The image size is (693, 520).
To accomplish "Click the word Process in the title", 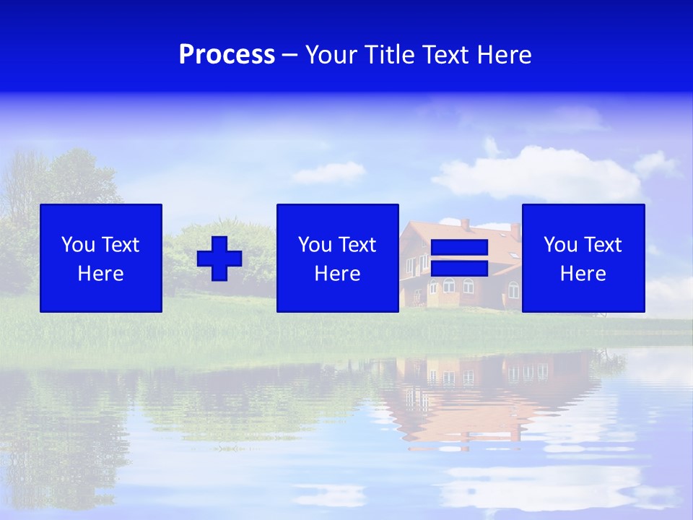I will (x=227, y=55).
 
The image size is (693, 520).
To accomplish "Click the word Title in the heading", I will (x=389, y=55).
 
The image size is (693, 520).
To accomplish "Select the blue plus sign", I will (x=219, y=259).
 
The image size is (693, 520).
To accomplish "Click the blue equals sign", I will (x=459, y=259).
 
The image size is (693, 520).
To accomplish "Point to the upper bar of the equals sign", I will (x=459, y=248).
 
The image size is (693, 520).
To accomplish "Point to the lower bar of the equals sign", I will (x=459, y=269).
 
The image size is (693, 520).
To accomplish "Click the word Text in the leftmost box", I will (x=121, y=245).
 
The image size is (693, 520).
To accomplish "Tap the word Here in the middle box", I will (x=338, y=274).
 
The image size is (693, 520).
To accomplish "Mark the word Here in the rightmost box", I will (x=583, y=274).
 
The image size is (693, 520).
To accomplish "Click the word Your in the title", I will (x=331, y=55).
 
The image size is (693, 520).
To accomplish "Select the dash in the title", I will (x=290, y=55).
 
